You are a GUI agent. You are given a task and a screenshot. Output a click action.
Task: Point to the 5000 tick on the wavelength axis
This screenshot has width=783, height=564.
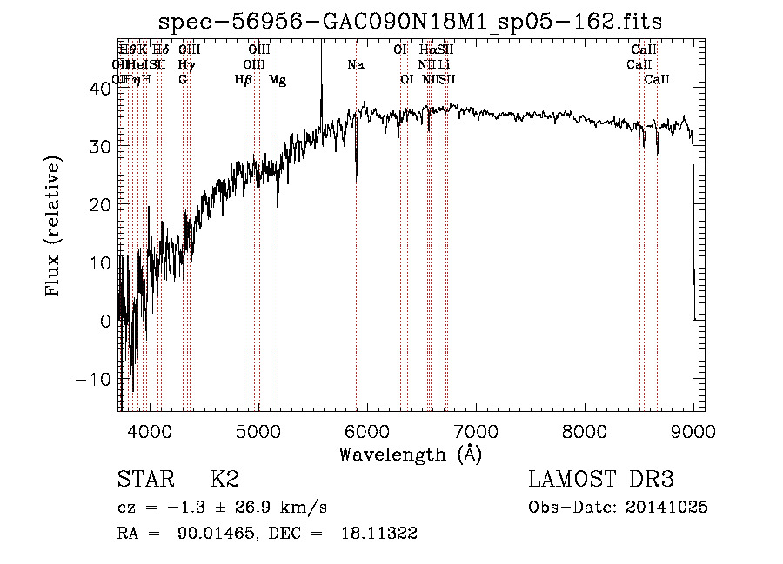pos(258,430)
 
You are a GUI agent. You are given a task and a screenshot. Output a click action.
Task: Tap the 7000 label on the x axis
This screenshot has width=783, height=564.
pos(476,430)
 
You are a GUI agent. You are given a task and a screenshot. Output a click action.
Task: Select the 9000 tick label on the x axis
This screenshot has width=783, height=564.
pos(693,430)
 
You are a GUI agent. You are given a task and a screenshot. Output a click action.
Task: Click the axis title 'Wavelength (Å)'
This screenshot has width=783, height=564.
pos(410,454)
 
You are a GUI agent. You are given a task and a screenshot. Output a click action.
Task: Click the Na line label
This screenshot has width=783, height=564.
pos(355,65)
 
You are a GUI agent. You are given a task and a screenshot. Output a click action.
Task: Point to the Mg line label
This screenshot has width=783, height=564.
pos(277,80)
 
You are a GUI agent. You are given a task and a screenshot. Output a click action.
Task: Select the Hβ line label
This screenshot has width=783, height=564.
pos(244,80)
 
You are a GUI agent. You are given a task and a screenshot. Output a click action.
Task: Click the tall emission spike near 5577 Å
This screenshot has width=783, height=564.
pos(322,65)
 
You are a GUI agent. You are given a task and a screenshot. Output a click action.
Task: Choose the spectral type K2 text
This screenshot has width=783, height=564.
pos(224,479)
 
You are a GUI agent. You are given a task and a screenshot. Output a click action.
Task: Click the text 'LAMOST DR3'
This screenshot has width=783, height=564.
pos(601,479)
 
